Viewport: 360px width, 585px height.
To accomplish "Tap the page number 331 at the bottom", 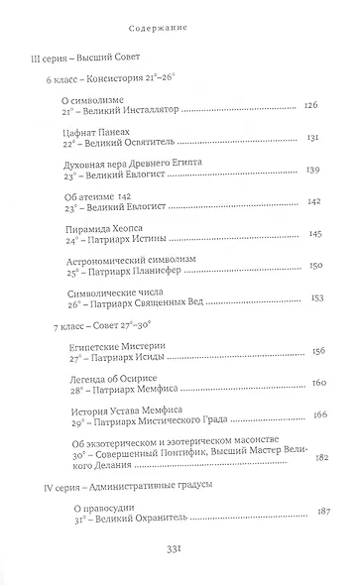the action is (x=180, y=547).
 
